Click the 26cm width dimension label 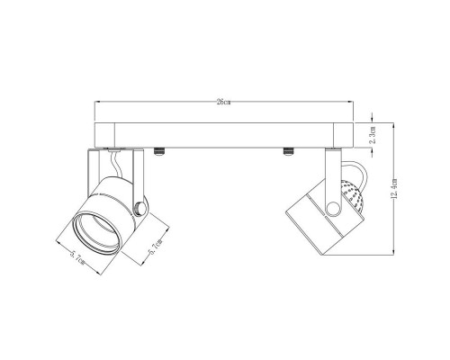218,104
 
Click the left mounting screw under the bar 159,148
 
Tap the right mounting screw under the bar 289,148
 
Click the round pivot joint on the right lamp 334,210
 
